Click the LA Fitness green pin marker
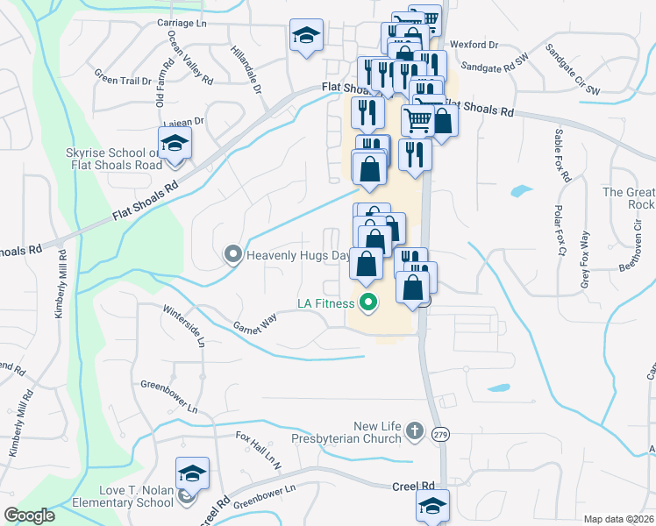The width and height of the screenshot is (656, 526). coord(368,304)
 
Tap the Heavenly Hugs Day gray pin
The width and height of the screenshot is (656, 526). coord(233,256)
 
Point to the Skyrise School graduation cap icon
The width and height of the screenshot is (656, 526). coord(175,143)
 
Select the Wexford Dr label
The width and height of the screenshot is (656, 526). coord(474,44)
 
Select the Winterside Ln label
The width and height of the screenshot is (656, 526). coord(184,325)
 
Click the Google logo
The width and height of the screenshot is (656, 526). coord(30,515)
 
